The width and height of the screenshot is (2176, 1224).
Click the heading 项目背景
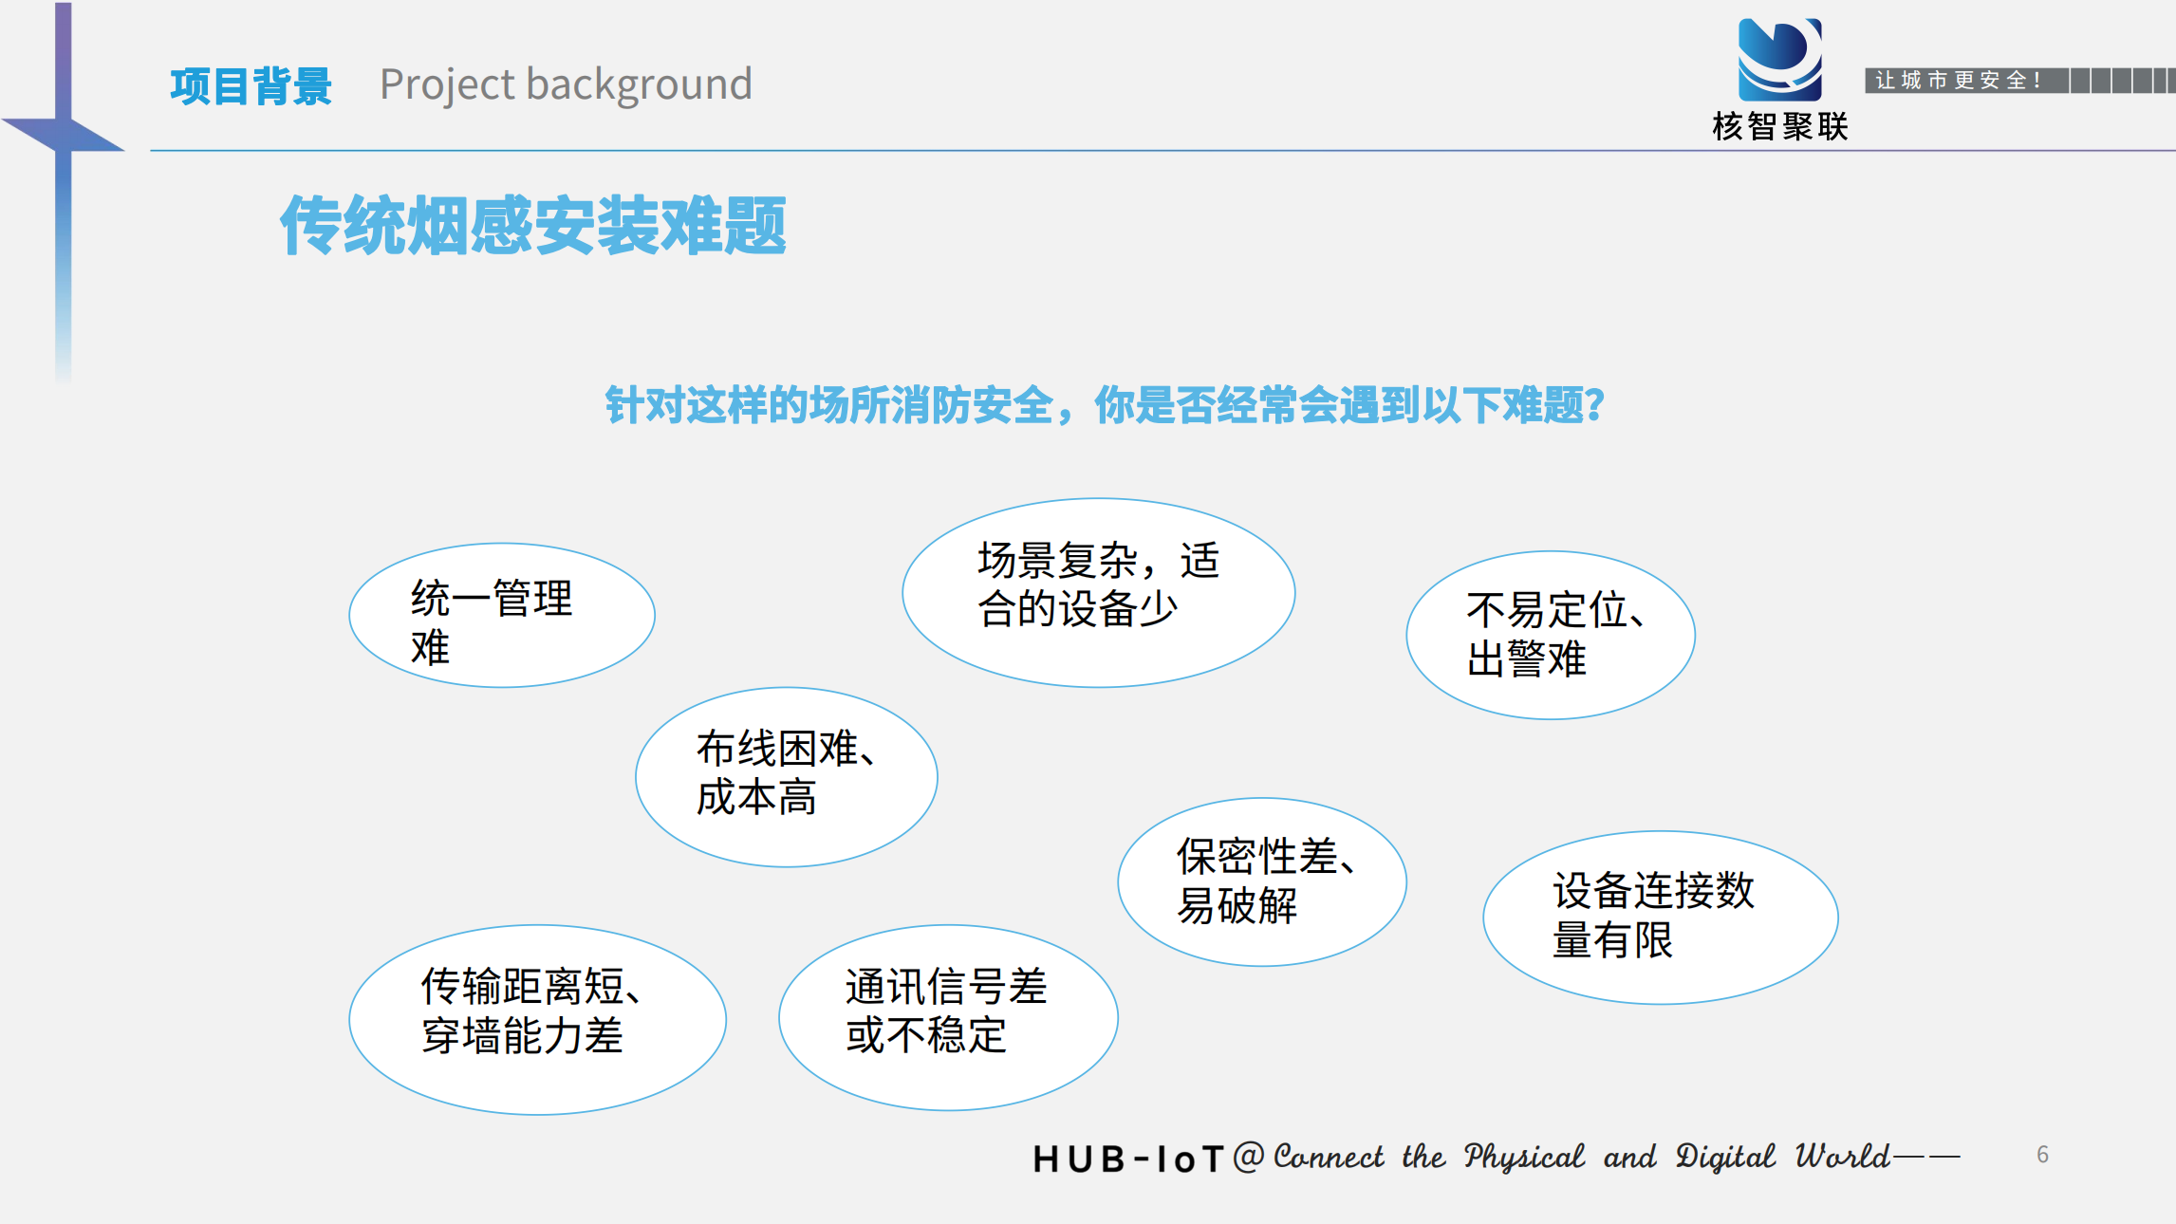click(251, 86)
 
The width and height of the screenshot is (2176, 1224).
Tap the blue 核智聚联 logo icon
click(1779, 60)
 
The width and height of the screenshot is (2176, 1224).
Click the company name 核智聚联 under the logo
click(1780, 126)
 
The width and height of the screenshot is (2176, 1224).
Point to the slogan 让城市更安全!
click(1958, 81)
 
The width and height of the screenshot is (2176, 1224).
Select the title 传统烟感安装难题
click(533, 226)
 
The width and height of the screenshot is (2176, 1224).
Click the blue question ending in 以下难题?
click(1106, 405)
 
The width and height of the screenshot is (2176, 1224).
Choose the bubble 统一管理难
click(502, 615)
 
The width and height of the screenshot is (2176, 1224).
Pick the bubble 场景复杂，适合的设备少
click(1099, 592)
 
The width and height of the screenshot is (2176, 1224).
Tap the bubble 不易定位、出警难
click(1551, 635)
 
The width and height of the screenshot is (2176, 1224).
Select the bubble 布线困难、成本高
click(787, 776)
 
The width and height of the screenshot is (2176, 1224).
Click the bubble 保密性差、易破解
click(1262, 881)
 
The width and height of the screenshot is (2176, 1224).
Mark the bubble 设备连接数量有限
click(1661, 918)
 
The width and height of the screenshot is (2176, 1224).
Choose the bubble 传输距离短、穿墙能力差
click(538, 1019)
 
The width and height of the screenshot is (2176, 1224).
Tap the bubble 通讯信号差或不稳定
click(948, 1017)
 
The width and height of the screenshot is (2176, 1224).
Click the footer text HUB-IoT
click(1129, 1159)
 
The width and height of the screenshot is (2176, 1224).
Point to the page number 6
click(2042, 1155)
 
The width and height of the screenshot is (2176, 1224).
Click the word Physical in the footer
click(1524, 1158)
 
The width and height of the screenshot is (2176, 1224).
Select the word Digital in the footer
click(1725, 1158)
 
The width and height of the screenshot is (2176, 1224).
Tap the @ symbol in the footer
click(1249, 1156)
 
